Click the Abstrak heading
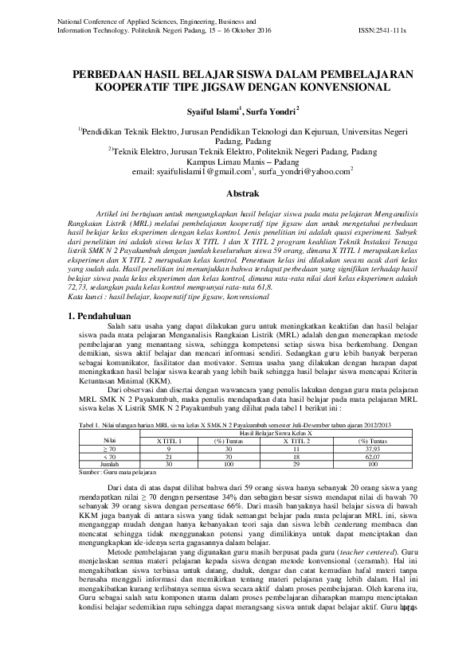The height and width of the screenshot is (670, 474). (x=237, y=193)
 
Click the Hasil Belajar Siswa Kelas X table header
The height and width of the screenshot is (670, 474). (x=272, y=432)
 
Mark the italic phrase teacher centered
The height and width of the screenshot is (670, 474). (x=366, y=551)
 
